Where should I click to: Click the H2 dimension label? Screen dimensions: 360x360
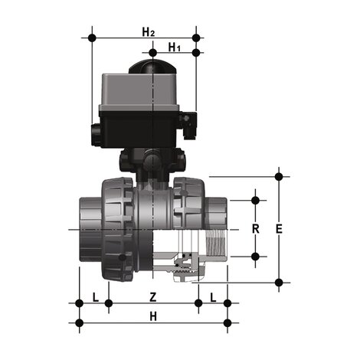click(x=149, y=31)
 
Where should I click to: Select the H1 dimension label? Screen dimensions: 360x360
click(x=174, y=47)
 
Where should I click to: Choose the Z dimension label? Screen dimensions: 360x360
click(x=152, y=296)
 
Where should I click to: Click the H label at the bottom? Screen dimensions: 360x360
click(x=152, y=316)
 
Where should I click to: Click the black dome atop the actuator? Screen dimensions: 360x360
click(x=152, y=67)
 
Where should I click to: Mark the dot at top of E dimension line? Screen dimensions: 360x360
click(x=278, y=176)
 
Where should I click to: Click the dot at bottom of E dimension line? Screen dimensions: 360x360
click(x=278, y=283)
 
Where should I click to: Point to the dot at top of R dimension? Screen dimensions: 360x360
click(x=256, y=200)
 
